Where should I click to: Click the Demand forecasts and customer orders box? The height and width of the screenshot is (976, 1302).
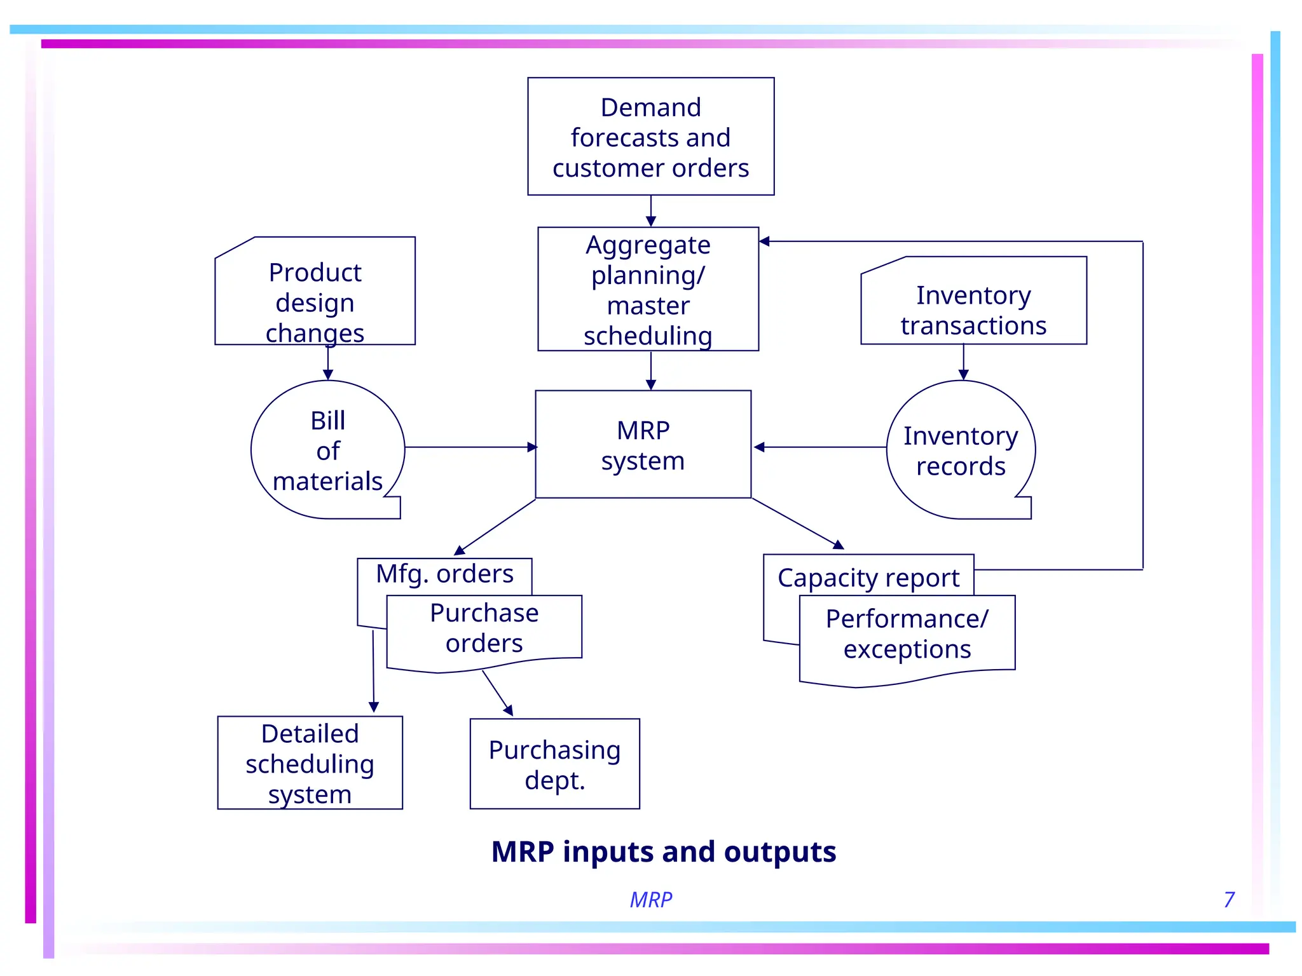[650, 137]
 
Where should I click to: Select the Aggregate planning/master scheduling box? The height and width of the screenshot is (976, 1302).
[648, 289]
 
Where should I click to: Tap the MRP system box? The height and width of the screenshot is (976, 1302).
[643, 445]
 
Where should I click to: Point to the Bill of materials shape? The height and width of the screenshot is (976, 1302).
[327, 450]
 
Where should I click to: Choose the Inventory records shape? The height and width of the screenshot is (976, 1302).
[960, 450]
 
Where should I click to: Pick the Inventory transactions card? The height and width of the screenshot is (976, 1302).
[973, 305]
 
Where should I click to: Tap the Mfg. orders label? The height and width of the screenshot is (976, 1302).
[444, 574]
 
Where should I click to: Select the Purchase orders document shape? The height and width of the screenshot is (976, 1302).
[484, 629]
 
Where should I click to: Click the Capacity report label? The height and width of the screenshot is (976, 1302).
[868, 578]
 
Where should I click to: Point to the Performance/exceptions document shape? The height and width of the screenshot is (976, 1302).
[907, 635]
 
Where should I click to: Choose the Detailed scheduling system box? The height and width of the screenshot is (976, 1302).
[310, 763]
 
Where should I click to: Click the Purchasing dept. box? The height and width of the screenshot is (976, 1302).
[554, 764]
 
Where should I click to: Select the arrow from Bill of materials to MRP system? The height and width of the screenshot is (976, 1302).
[470, 447]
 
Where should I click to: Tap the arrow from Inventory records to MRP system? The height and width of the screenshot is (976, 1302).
[820, 447]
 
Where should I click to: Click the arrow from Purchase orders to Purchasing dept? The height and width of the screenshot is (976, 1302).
[498, 693]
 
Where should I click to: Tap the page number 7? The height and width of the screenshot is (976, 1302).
[1229, 900]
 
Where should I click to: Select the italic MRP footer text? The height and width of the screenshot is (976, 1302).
[650, 900]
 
